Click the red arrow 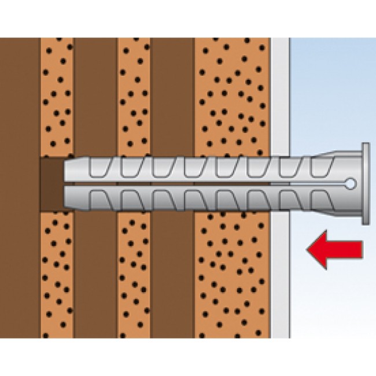(x=336, y=249)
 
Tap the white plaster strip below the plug (x=280, y=278)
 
